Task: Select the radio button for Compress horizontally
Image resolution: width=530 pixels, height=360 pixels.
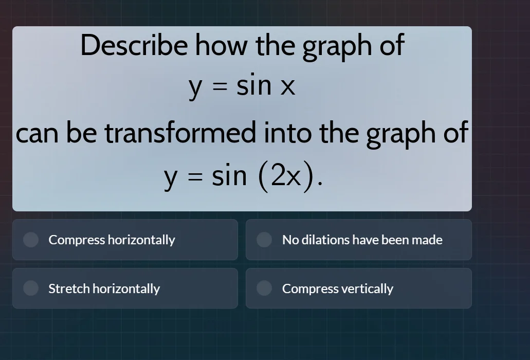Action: [x=31, y=240]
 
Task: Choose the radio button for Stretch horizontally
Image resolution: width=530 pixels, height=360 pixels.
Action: [x=31, y=289]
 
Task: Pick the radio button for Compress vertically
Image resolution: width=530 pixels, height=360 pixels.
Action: [x=264, y=289]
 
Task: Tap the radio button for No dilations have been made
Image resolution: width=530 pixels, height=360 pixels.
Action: [x=264, y=240]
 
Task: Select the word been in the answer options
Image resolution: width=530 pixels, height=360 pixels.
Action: [x=395, y=240]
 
